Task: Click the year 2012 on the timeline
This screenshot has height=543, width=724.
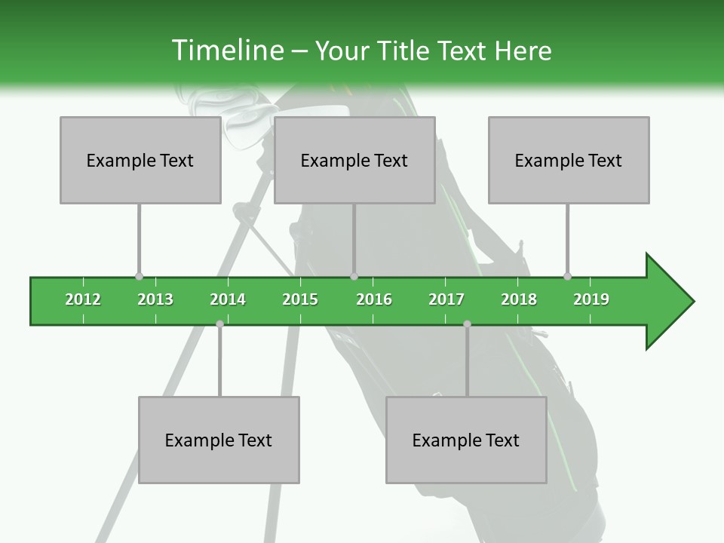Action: [83, 299]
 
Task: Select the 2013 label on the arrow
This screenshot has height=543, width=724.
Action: [155, 299]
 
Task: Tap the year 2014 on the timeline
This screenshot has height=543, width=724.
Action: [228, 299]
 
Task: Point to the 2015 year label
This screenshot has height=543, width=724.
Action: [300, 299]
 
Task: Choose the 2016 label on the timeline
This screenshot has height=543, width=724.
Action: [374, 299]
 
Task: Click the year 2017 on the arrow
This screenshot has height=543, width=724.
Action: [446, 299]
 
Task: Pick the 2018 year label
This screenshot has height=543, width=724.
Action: [519, 299]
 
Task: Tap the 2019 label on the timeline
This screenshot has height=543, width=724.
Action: [591, 299]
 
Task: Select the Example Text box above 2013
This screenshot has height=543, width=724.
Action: [140, 160]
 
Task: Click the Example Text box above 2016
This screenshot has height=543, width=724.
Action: [354, 160]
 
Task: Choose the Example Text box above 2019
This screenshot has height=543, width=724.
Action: [569, 160]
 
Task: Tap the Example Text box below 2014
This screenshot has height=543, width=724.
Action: [219, 440]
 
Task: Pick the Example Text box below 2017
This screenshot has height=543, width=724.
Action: [466, 440]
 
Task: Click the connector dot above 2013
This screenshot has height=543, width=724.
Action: [139, 276]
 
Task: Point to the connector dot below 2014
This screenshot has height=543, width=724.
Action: [219, 324]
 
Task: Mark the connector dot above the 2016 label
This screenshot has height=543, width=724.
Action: [354, 276]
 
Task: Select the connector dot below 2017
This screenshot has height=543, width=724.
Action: [467, 324]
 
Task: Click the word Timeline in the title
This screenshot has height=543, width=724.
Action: [226, 51]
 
